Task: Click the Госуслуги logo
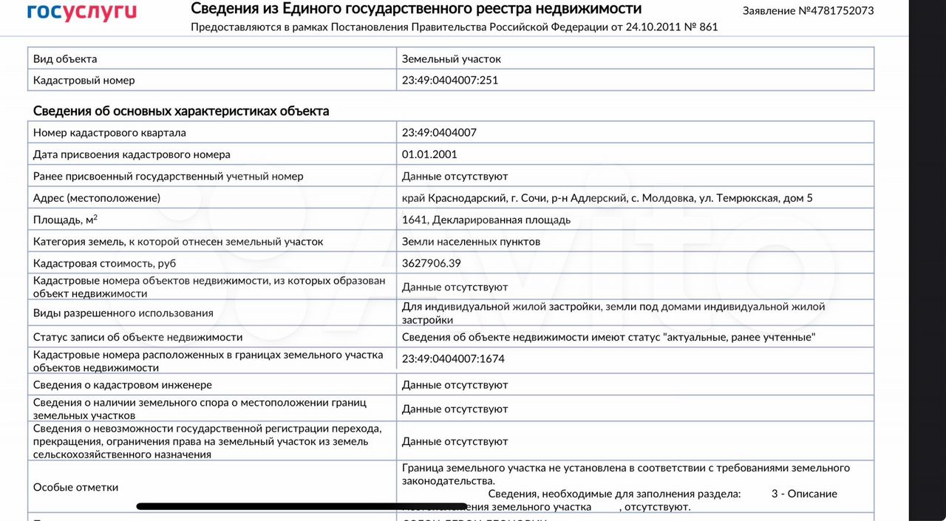(x=81, y=12)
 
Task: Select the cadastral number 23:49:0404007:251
(x=449, y=80)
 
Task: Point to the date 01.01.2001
(x=429, y=154)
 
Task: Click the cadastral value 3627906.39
(x=431, y=263)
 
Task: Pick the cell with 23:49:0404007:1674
(x=453, y=359)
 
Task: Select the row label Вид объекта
(x=65, y=59)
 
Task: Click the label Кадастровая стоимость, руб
(x=104, y=263)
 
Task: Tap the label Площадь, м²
(x=65, y=219)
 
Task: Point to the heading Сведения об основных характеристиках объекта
(x=181, y=111)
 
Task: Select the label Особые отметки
(x=75, y=487)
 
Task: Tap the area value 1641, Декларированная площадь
(x=486, y=219)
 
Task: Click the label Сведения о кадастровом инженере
(x=123, y=385)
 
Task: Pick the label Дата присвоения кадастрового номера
(x=132, y=154)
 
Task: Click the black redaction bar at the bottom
(x=302, y=507)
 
